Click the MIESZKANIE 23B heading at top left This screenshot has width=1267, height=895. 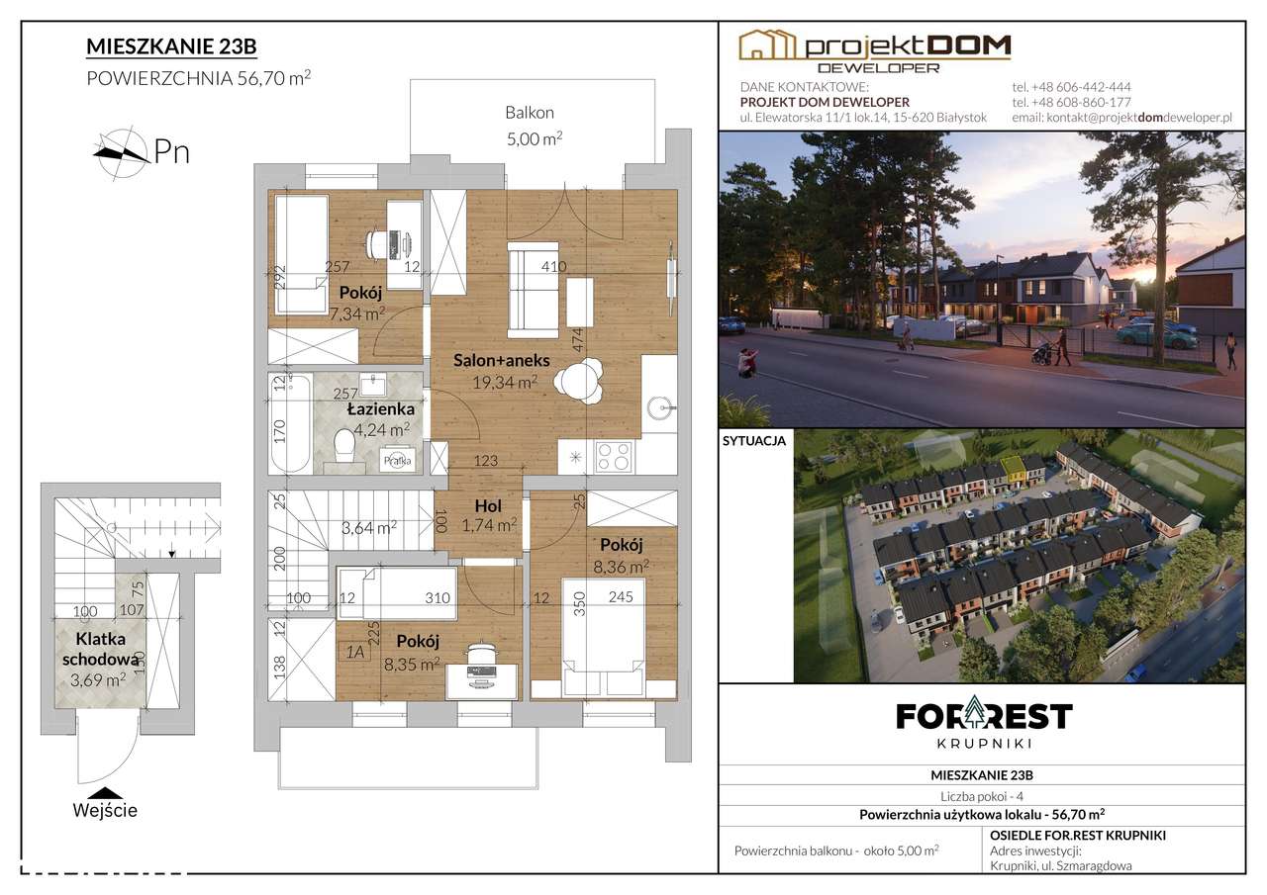click(x=171, y=46)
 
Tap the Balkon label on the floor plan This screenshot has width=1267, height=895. click(x=530, y=113)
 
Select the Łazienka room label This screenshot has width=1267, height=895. click(x=381, y=408)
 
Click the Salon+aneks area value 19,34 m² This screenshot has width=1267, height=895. click(x=505, y=382)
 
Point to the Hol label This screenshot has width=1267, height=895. click(x=488, y=505)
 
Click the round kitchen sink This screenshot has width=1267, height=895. click(x=659, y=406)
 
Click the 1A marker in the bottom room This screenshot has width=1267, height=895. click(x=354, y=652)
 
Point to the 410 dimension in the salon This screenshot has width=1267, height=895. click(x=553, y=266)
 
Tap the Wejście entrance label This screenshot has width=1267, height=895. click(x=105, y=811)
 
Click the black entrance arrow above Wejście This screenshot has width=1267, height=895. click(x=105, y=793)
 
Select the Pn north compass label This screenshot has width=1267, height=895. click(x=171, y=151)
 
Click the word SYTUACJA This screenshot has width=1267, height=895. click(x=754, y=441)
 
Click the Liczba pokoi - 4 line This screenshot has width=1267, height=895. click(x=982, y=796)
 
